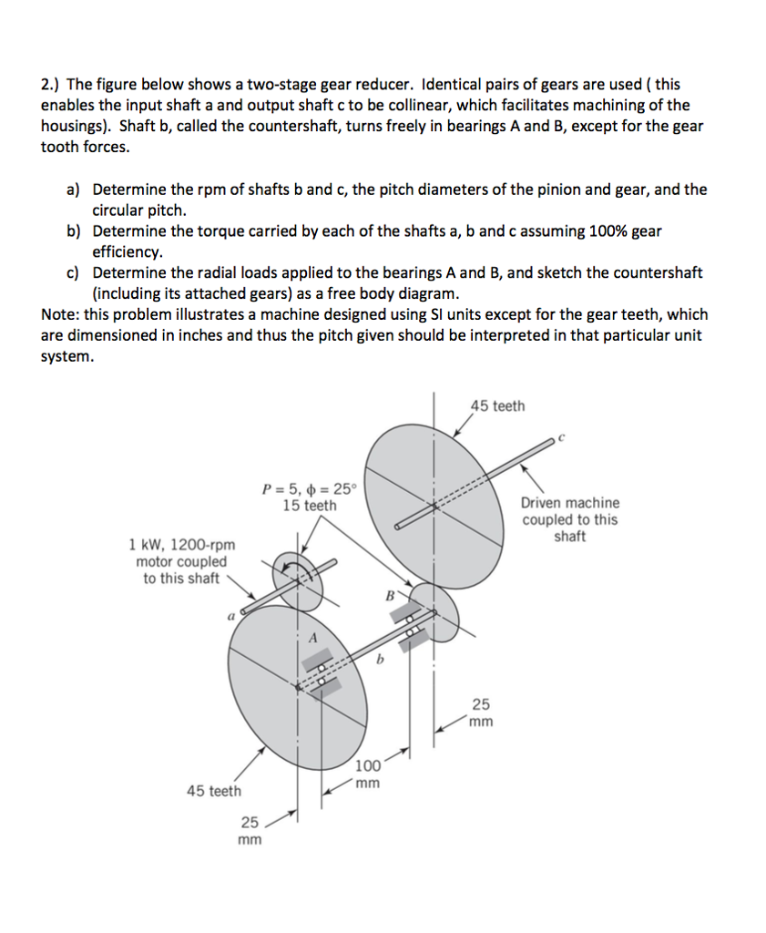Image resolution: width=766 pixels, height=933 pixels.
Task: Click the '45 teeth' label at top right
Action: tap(497, 405)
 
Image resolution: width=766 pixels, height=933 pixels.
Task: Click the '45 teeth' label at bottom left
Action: tap(214, 791)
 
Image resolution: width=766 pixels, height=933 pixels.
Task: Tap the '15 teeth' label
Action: tap(309, 506)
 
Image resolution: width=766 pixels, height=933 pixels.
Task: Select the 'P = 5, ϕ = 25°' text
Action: tap(310, 488)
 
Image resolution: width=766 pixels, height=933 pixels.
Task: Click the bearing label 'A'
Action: tap(312, 639)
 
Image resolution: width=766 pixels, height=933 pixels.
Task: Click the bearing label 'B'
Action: tap(391, 597)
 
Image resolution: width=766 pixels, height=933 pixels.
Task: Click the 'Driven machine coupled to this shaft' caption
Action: tap(569, 519)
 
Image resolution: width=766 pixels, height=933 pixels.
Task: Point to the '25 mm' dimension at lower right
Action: tap(481, 712)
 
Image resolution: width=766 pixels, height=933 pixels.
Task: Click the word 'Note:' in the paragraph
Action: tap(61, 314)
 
